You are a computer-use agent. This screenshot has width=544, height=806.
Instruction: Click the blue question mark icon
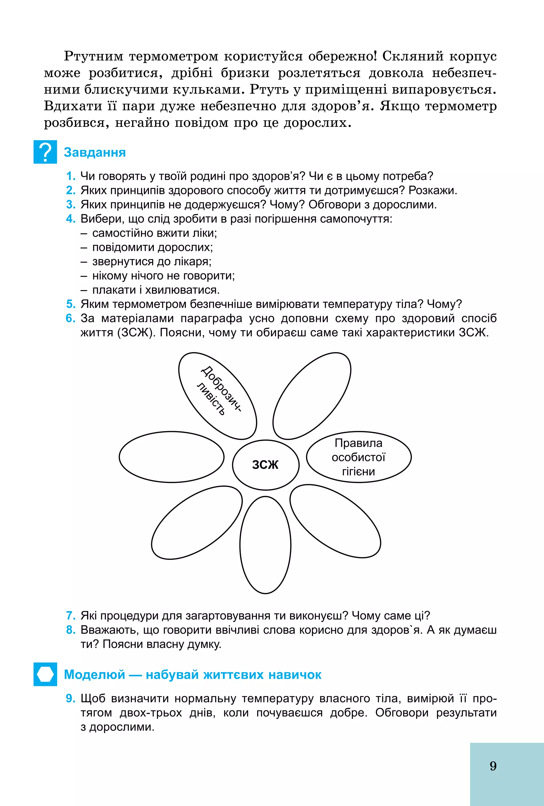[45, 152]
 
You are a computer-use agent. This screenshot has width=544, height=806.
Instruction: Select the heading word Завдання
[95, 152]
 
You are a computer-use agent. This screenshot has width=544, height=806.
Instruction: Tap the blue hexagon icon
[45, 674]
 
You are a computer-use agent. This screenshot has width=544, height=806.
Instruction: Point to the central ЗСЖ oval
[266, 465]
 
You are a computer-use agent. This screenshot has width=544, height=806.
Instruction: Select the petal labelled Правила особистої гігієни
[359, 457]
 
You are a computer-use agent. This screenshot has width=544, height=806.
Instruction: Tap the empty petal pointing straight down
[265, 545]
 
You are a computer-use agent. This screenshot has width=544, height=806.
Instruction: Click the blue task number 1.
[71, 176]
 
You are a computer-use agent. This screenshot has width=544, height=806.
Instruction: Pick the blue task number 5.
[71, 304]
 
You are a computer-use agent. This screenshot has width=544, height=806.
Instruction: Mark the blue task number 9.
[71, 698]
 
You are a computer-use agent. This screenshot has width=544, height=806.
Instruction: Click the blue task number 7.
[71, 616]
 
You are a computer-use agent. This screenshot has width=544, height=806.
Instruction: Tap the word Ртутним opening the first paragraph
[93, 56]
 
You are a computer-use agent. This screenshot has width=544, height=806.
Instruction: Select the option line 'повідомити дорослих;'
[152, 247]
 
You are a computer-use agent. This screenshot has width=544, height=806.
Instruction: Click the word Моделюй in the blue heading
[95, 675]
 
